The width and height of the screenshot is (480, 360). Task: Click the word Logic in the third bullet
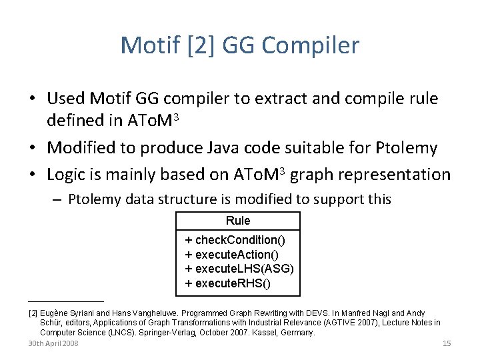68,175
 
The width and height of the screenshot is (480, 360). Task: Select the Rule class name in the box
238,221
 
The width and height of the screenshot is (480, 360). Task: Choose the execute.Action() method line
231,255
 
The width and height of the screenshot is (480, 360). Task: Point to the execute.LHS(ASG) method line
239,269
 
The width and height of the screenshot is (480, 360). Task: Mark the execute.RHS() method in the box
228,283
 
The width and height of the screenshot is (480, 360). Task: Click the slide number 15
447,343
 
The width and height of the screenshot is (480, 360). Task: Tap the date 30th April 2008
53,343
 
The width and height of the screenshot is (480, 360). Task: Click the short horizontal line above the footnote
66,301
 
